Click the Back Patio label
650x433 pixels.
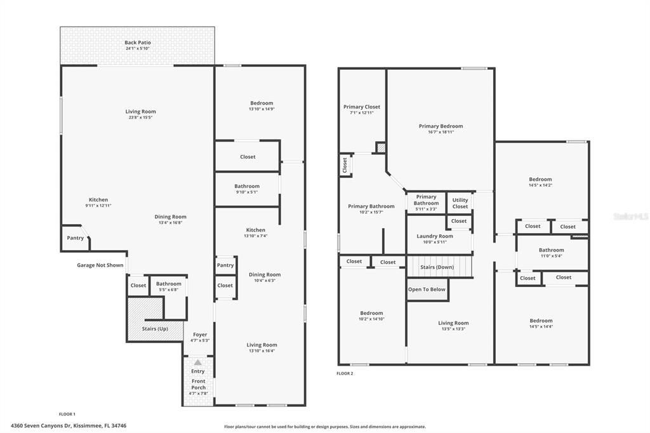click(x=138, y=43)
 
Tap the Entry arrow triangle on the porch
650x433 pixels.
click(x=198, y=363)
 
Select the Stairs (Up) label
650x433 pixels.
click(x=155, y=328)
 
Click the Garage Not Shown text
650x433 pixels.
click(x=100, y=265)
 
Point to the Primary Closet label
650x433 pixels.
click(x=361, y=107)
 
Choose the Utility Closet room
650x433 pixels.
click(x=460, y=203)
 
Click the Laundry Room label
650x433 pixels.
click(x=435, y=236)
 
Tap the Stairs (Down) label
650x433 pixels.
click(x=437, y=267)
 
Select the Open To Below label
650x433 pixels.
click(x=427, y=290)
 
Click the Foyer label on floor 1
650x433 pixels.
click(x=200, y=335)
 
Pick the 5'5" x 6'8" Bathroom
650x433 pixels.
click(x=169, y=286)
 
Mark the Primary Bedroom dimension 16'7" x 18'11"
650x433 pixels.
click(x=441, y=132)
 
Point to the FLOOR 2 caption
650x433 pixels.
click(x=345, y=373)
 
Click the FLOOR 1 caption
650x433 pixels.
click(x=67, y=414)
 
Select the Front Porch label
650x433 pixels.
click(x=198, y=384)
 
